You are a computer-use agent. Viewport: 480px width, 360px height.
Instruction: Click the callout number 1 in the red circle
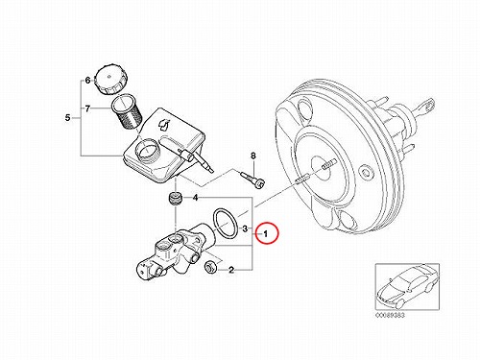(265, 234)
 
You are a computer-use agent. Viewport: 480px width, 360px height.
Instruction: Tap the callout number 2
(231, 270)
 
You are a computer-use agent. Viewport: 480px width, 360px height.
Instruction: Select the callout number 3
(245, 228)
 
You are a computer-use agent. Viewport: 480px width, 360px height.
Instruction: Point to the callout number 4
(195, 198)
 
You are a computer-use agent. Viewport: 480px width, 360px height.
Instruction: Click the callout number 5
(67, 118)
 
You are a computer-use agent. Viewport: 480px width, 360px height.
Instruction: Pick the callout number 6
(88, 81)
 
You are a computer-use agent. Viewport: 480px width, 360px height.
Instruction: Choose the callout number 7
(87, 108)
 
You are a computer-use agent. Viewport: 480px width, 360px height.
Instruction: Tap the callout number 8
(253, 156)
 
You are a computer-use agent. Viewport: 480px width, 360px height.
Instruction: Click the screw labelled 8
(252, 179)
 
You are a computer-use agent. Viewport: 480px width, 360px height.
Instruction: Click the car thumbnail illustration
(407, 286)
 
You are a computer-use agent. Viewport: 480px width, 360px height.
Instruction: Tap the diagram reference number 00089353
(390, 315)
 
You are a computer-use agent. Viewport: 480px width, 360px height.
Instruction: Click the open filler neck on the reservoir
(147, 150)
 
